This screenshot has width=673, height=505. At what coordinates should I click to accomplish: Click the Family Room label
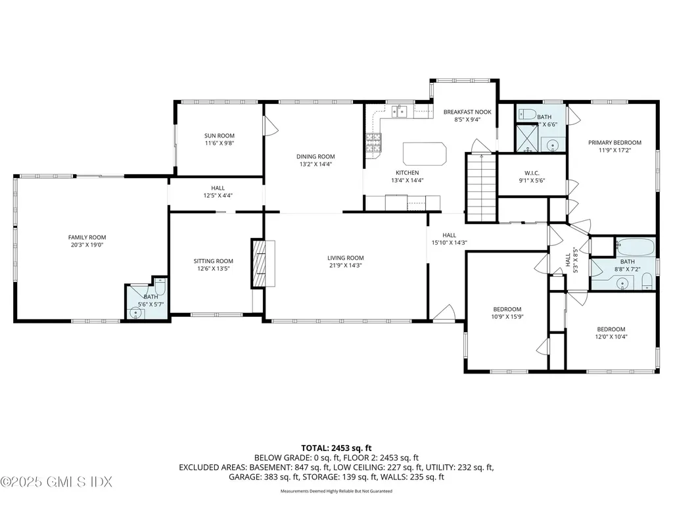click(x=87, y=237)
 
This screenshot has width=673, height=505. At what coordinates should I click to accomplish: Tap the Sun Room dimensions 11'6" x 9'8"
click(x=219, y=143)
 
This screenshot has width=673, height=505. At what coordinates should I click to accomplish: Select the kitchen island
click(x=424, y=154)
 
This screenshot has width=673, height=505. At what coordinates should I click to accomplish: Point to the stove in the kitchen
click(x=373, y=143)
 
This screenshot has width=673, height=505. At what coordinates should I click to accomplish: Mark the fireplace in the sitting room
click(x=258, y=263)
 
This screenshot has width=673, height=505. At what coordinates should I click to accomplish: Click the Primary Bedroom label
click(x=615, y=142)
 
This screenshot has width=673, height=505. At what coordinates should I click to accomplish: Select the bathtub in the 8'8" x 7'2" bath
click(x=635, y=249)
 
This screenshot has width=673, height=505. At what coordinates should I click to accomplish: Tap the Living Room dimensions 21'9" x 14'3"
click(x=346, y=266)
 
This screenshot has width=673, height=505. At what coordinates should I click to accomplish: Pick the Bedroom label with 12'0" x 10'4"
click(x=611, y=329)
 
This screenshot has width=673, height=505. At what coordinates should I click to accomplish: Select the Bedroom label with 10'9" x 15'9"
click(x=507, y=309)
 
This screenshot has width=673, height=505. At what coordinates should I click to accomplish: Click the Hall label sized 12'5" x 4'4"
click(x=218, y=188)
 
